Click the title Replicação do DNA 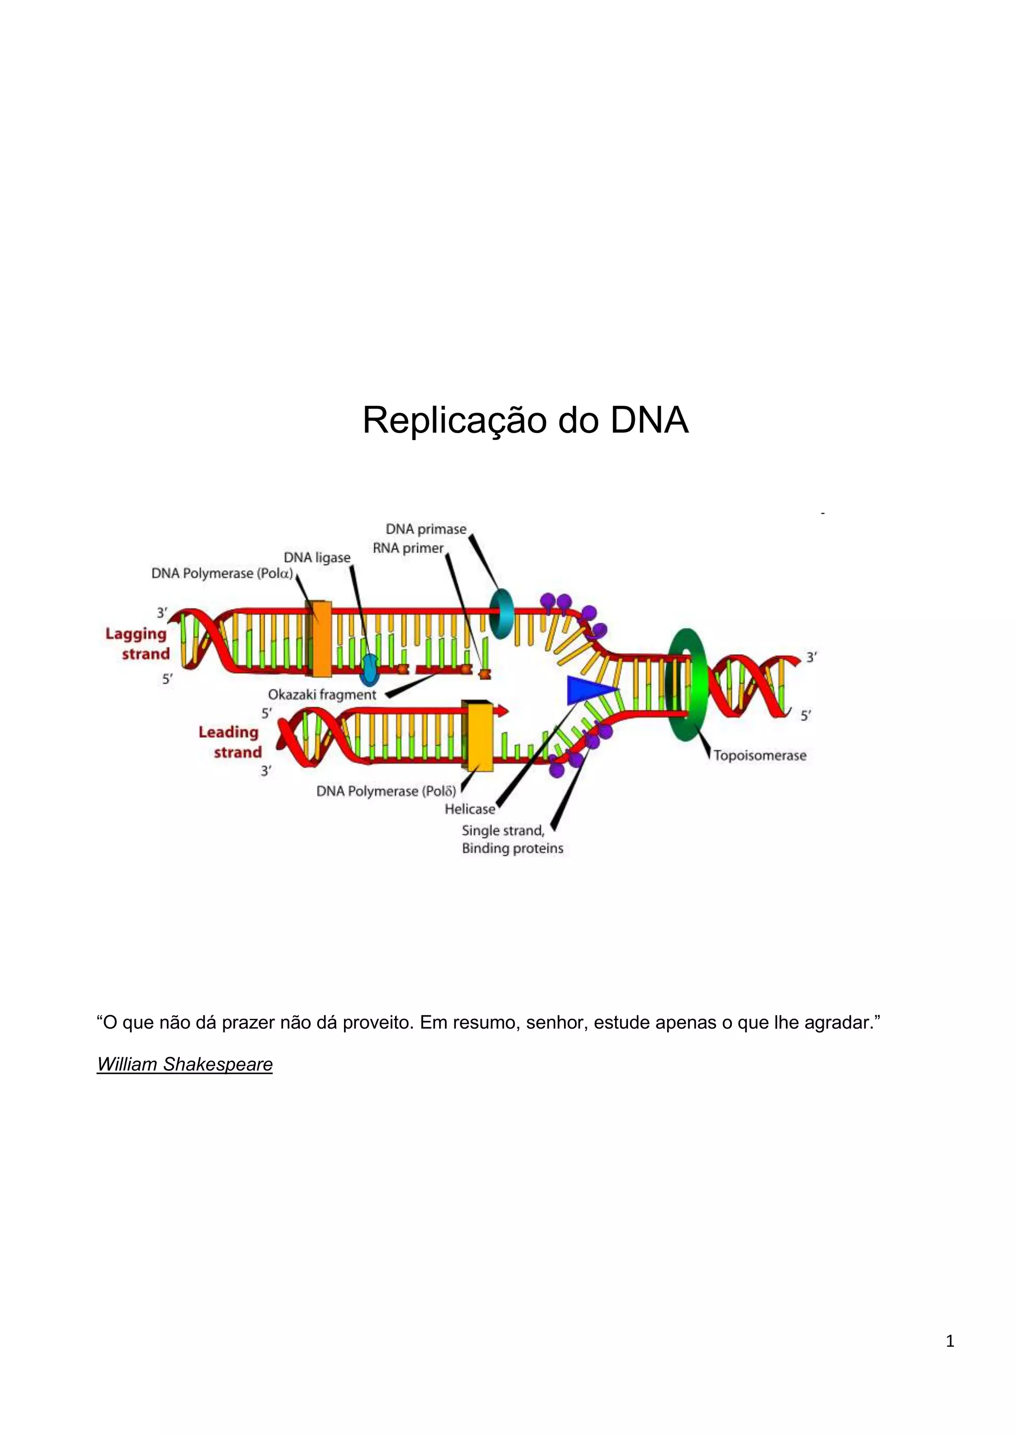tap(525, 420)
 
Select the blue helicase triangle tap(589, 689)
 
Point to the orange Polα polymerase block tap(321, 638)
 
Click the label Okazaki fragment tap(322, 694)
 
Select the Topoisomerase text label tap(759, 756)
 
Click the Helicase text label tap(470, 809)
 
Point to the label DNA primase tap(426, 529)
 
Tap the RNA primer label tap(407, 548)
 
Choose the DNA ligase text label tap(317, 557)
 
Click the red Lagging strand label tap(137, 644)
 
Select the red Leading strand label tap(229, 742)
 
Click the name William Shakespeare tap(185, 1064)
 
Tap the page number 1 tap(950, 1341)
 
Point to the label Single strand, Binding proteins tap(512, 839)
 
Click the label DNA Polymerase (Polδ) tap(386, 791)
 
